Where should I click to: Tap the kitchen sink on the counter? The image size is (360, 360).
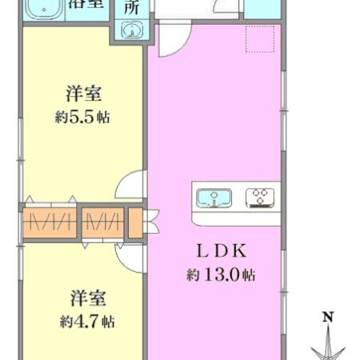tap(214, 196)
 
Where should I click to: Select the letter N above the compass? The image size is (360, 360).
tap(328, 318)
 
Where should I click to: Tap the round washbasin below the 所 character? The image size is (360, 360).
tap(131, 30)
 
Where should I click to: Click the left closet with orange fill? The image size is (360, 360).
tap(50, 221)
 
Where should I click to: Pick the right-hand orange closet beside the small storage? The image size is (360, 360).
tap(102, 221)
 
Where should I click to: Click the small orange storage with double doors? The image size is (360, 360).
tap(134, 222)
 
